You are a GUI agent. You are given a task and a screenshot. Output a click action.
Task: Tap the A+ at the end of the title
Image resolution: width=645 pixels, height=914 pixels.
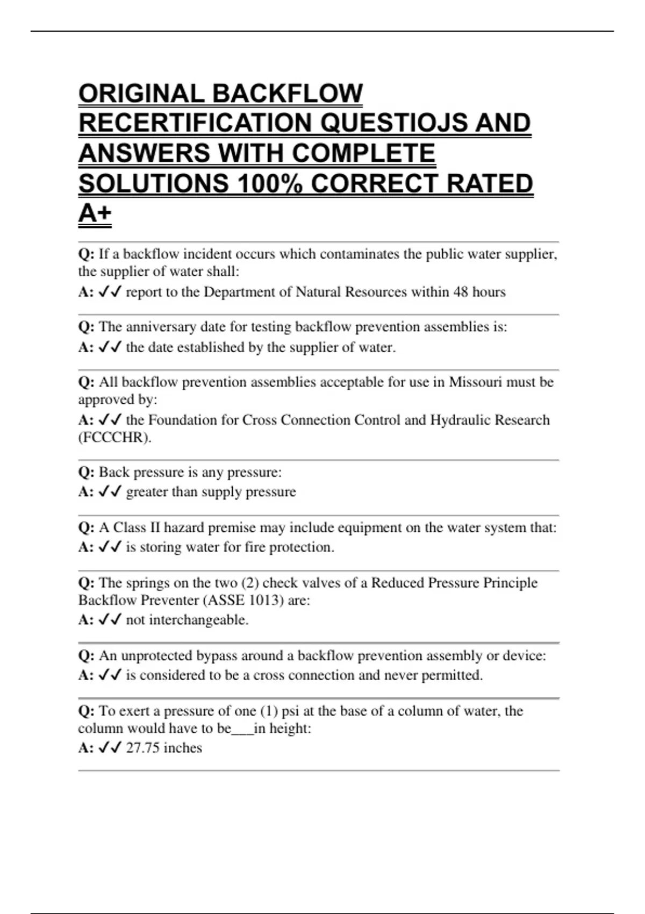point(95,213)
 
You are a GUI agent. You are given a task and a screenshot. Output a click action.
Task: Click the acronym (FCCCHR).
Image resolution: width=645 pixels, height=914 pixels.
point(115,438)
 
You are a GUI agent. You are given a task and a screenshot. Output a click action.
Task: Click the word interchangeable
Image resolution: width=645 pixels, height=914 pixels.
point(198,620)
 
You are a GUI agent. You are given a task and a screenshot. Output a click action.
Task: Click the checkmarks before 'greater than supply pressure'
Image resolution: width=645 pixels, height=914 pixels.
point(110,492)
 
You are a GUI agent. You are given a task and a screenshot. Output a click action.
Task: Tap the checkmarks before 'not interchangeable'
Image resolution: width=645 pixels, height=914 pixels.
point(110,620)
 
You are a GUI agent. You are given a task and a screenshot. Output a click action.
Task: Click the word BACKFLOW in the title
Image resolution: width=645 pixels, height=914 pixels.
point(288,94)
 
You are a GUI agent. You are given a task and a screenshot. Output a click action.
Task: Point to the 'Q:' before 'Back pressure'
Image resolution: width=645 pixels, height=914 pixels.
point(86,472)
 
